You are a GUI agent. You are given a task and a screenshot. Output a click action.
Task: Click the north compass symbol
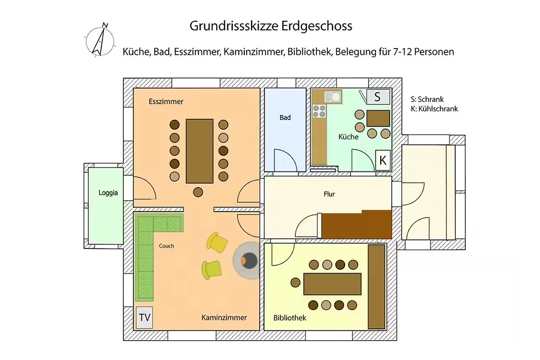tap(100, 40)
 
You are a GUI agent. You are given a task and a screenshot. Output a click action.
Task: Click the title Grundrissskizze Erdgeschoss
tap(271, 26)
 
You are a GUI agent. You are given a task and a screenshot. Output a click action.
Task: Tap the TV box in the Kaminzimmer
tap(144, 318)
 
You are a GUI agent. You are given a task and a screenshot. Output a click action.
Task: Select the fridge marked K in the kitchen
tap(383, 160)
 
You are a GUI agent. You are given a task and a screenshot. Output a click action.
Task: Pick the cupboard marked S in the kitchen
tap(378, 97)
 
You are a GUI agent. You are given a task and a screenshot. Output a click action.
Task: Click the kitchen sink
tap(333, 97)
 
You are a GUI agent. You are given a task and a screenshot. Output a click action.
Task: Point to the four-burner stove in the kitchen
tap(319, 111)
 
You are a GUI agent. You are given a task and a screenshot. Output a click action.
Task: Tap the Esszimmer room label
tap(166, 102)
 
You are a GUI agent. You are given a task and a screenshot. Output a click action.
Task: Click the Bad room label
tap(285, 117)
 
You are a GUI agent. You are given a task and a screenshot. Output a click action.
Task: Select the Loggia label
tap(108, 193)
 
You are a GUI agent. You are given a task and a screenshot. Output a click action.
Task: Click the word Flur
tap(329, 194)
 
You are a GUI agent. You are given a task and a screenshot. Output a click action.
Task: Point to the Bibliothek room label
tap(289, 318)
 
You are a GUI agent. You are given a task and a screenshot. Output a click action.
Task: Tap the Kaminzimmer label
tap(224, 318)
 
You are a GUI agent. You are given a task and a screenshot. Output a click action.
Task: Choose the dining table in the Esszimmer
tap(200, 151)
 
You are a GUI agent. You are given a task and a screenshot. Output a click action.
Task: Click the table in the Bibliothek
tap(333, 284)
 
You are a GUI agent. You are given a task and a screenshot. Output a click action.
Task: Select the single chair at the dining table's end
tap(198, 193)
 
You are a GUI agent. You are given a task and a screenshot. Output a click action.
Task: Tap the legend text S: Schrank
tap(427, 99)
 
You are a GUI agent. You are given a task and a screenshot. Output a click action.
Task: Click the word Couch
tap(166, 246)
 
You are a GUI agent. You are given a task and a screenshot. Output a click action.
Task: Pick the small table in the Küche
tap(378, 118)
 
